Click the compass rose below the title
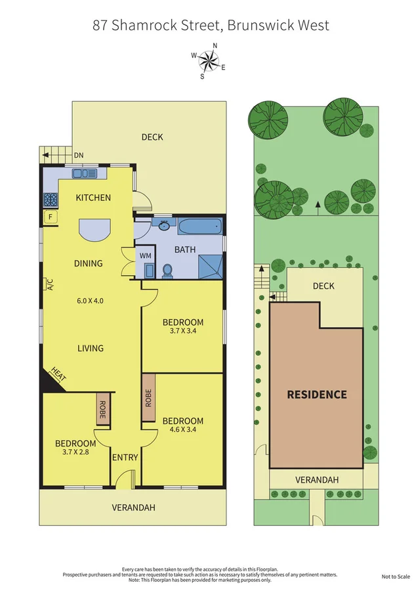click(x=209, y=61)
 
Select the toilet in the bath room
click(x=167, y=270)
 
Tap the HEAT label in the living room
click(x=57, y=377)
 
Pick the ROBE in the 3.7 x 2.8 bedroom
click(x=102, y=410)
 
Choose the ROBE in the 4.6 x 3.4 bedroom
click(x=148, y=398)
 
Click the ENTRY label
click(x=125, y=458)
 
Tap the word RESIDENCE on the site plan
click(x=316, y=395)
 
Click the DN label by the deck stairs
click(x=78, y=155)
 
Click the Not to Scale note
click(x=396, y=577)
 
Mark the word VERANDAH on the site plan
click(x=316, y=480)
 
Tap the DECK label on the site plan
click(x=324, y=286)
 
